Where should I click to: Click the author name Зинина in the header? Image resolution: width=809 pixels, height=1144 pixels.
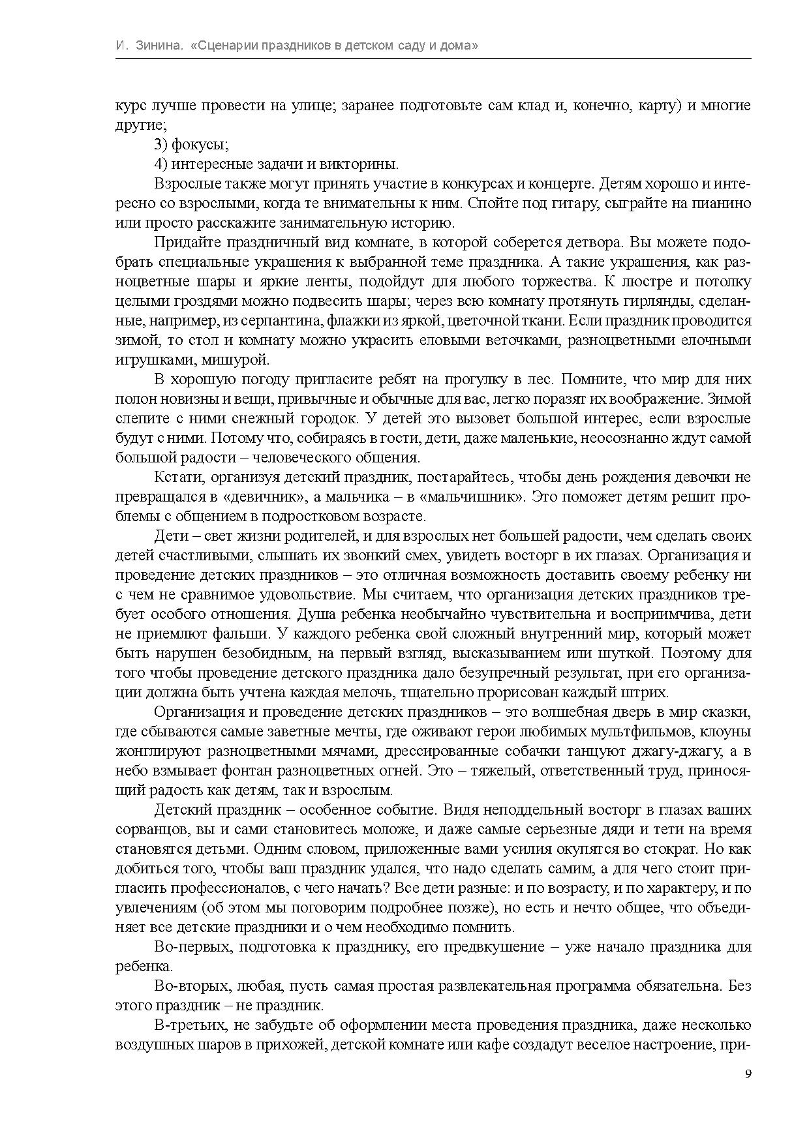click(x=159, y=46)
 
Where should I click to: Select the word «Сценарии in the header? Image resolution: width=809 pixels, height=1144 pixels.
click(x=223, y=46)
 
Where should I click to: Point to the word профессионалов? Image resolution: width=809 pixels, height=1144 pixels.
click(x=239, y=888)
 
